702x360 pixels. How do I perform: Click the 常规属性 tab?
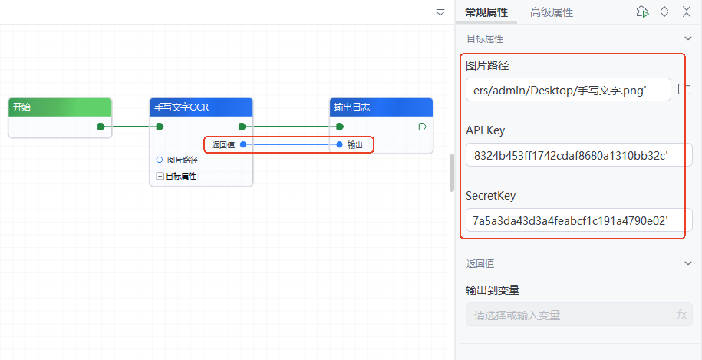point(486,12)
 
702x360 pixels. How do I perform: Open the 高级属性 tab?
point(552,12)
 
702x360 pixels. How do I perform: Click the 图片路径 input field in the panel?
point(568,91)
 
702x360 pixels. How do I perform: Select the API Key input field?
point(578,156)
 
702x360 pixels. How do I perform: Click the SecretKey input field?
point(578,221)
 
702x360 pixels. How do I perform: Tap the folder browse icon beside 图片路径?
point(685,90)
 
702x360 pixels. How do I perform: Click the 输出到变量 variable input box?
point(568,315)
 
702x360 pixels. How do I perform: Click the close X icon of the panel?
point(685,12)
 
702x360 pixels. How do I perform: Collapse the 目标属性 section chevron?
point(688,38)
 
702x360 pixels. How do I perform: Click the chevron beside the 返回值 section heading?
point(688,263)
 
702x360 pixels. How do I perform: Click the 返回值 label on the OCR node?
point(223,144)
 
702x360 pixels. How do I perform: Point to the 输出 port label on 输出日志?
point(355,144)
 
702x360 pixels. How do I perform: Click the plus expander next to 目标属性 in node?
point(160,176)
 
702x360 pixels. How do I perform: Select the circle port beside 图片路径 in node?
point(159,160)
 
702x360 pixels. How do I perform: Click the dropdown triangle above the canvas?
point(440,12)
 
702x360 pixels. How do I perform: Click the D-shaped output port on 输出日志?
point(422,127)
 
